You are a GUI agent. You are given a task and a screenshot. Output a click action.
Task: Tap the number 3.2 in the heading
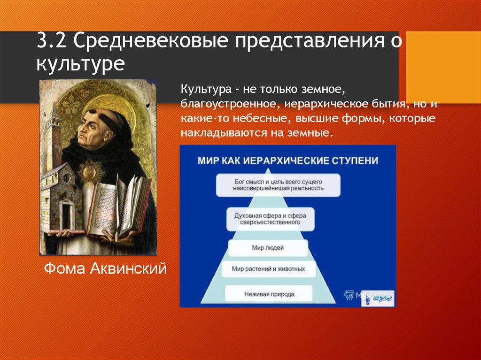(x=52, y=41)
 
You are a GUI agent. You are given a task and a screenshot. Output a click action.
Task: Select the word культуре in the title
(x=81, y=62)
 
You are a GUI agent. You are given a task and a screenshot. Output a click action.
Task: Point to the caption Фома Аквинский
(x=106, y=269)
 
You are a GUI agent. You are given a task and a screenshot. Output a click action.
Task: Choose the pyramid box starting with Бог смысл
(x=279, y=184)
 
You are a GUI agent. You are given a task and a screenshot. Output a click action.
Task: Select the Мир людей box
(x=268, y=247)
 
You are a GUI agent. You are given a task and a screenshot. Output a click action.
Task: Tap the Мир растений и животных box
(x=268, y=269)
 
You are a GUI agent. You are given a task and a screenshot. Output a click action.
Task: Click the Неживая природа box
(x=269, y=294)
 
